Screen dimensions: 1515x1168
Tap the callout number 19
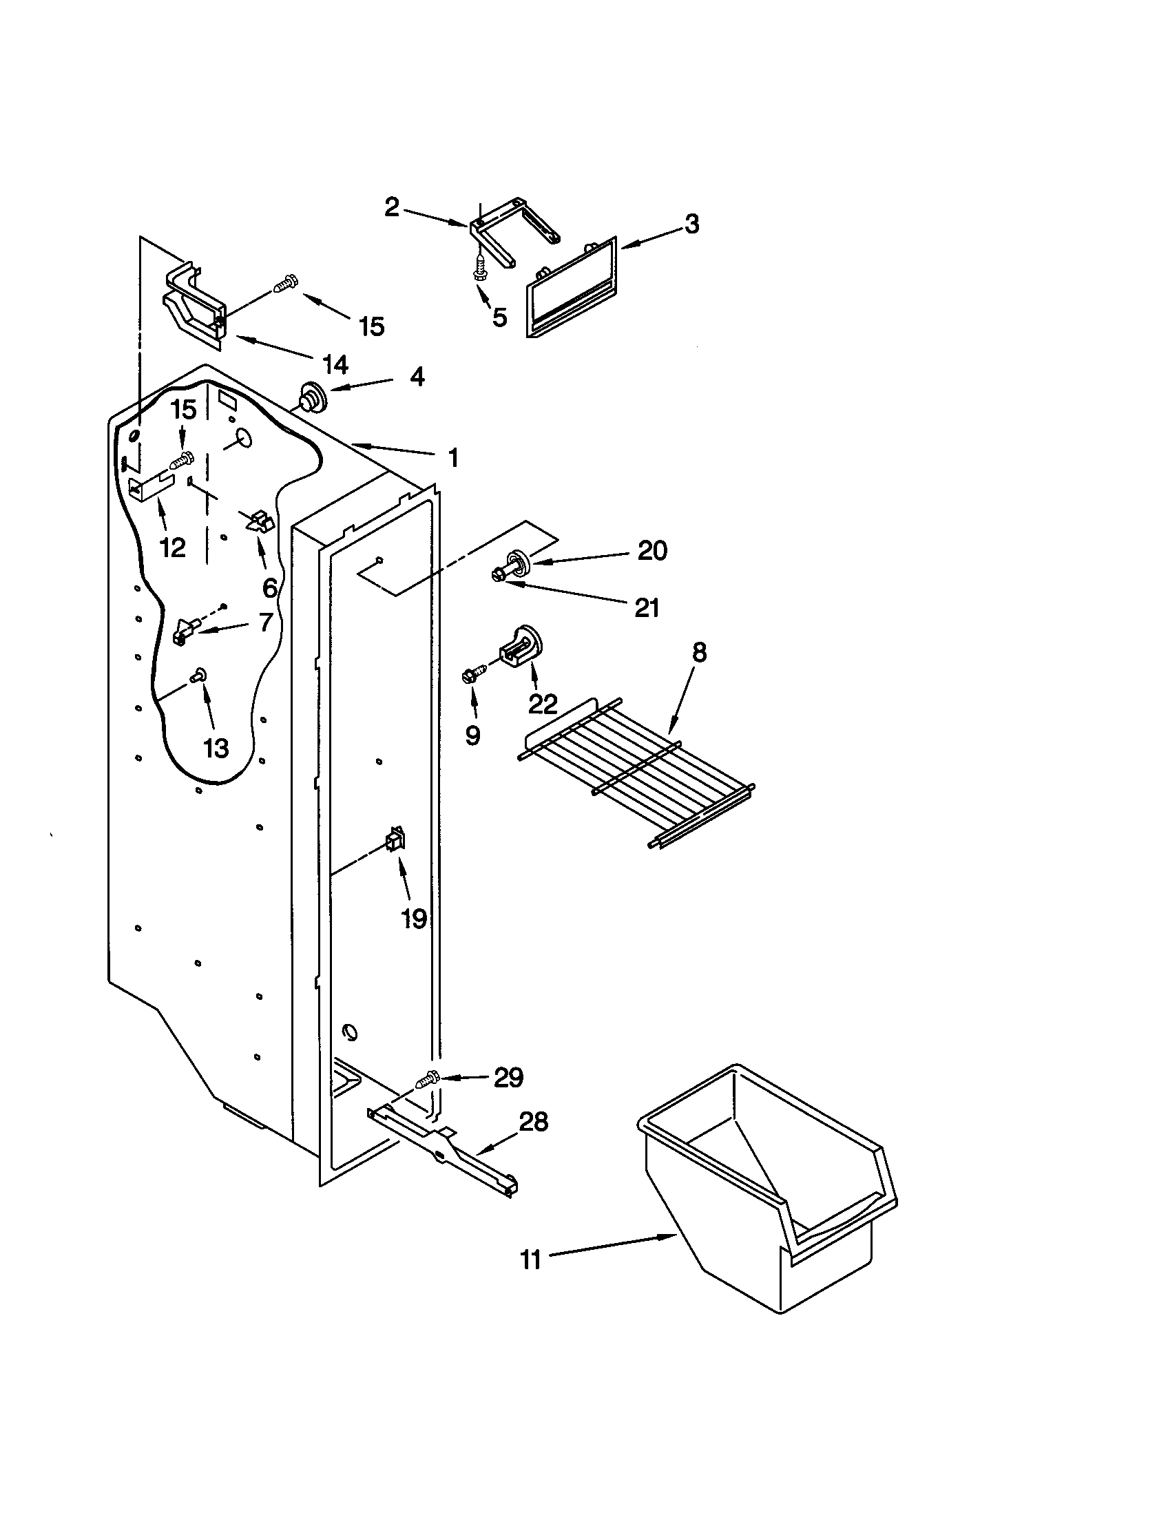point(414,920)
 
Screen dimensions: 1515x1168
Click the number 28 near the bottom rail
point(534,1122)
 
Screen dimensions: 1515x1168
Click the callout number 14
point(335,364)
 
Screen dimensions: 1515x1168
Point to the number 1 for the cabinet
point(453,458)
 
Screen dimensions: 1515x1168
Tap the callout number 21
point(647,608)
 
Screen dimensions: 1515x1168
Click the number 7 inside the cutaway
point(265,623)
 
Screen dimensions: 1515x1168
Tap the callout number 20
point(652,551)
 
